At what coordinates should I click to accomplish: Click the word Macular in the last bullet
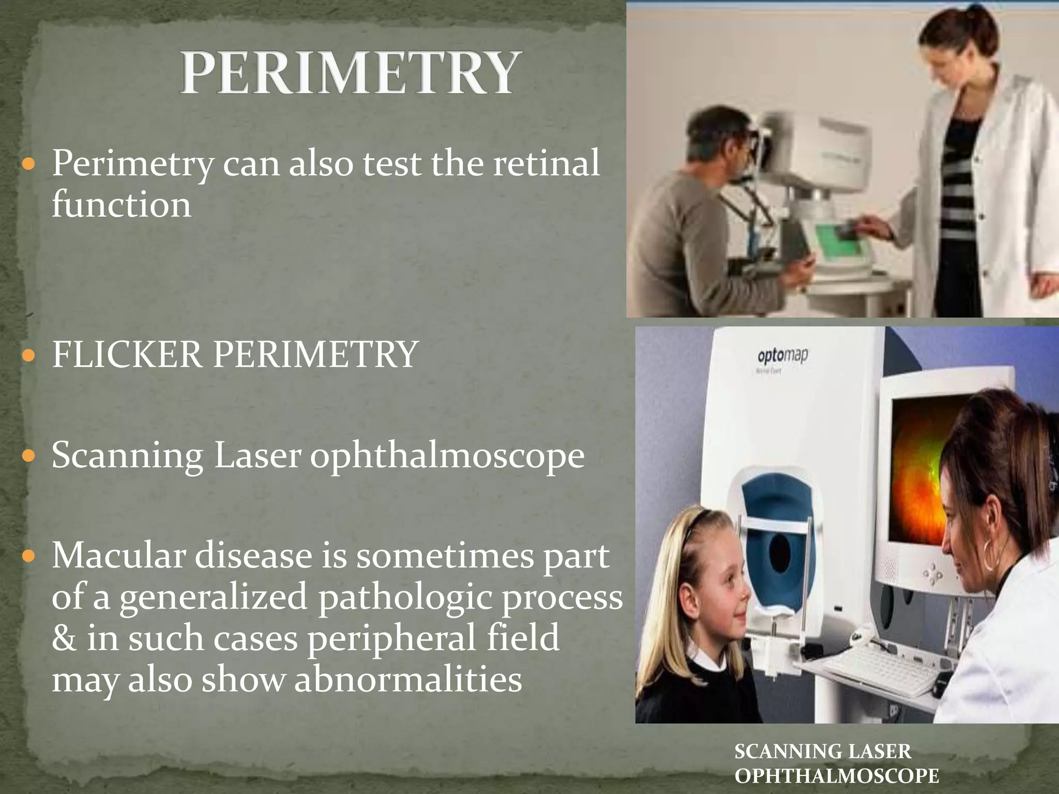point(117,556)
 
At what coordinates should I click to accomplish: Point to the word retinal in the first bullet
point(546,163)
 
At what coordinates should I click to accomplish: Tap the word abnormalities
point(408,679)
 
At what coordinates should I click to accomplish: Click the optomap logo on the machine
point(782,356)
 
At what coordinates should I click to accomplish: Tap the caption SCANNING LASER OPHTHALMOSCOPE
point(837,764)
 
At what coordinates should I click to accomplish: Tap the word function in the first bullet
point(122,205)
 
